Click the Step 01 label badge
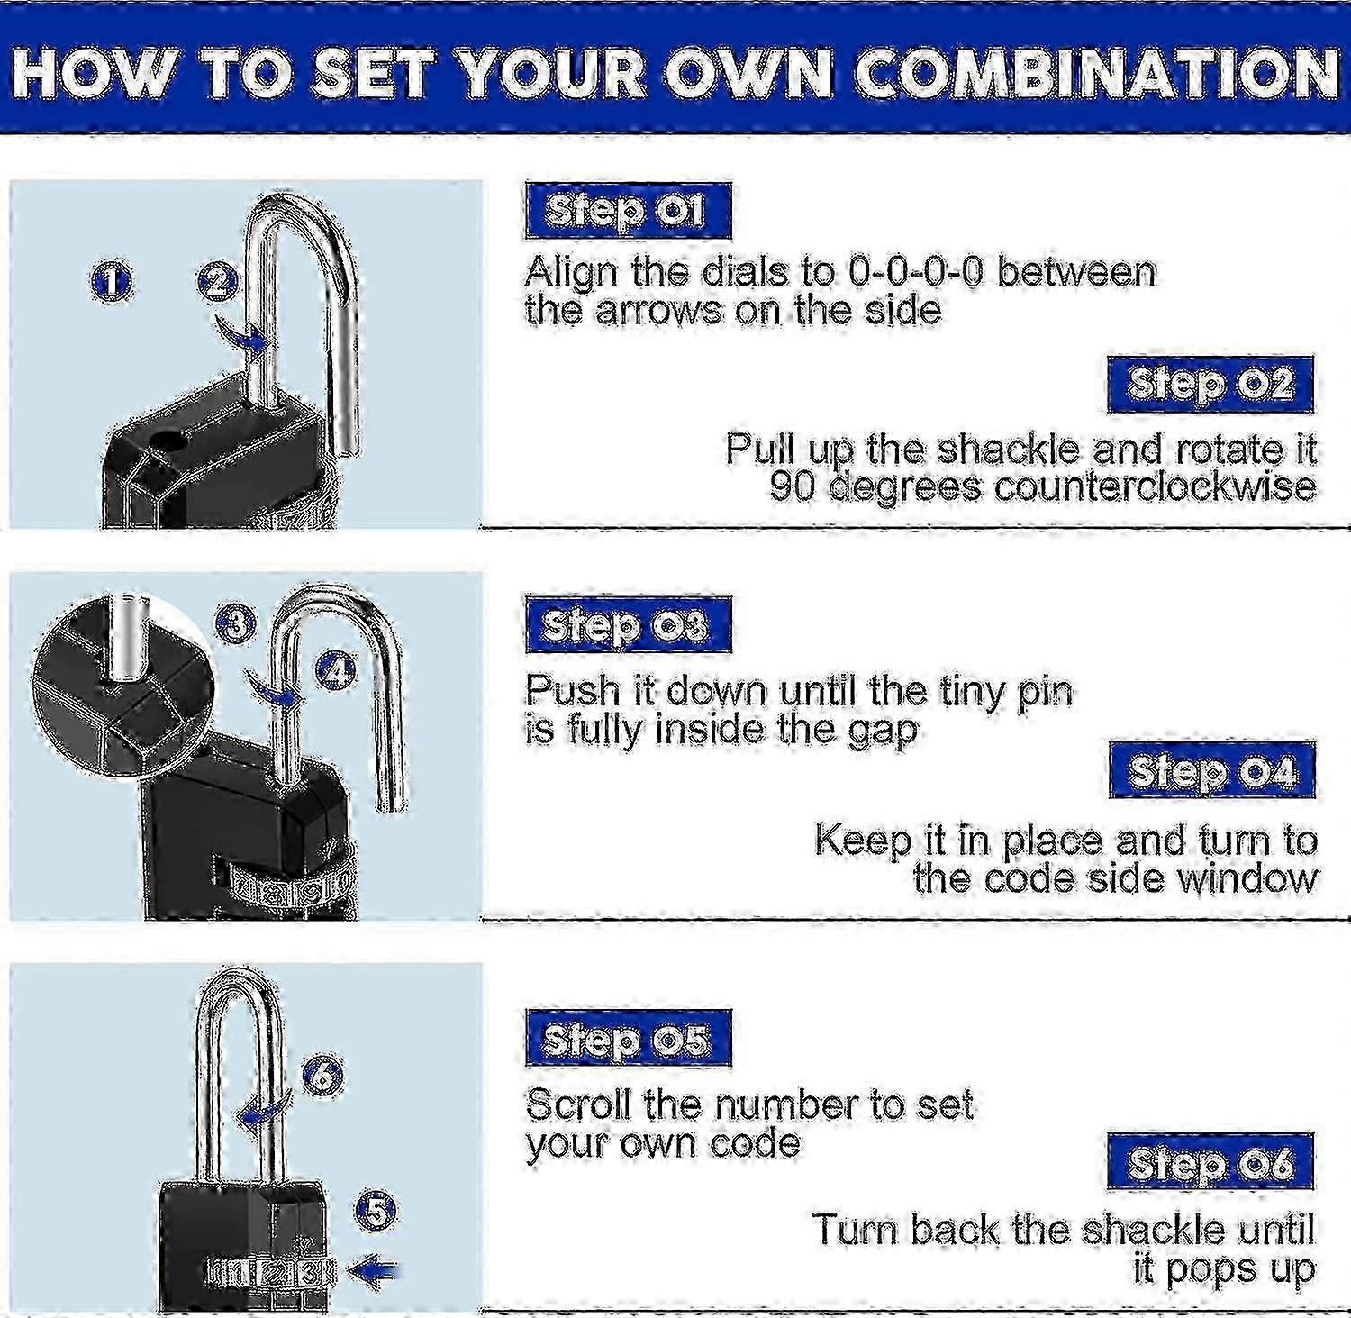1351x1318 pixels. (x=628, y=211)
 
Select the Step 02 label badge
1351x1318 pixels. (x=1210, y=385)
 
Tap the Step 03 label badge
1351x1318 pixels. (x=628, y=625)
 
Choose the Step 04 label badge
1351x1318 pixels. (x=1211, y=771)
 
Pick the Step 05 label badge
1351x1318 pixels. (x=628, y=1039)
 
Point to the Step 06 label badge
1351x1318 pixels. (x=1210, y=1163)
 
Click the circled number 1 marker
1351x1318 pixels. (x=112, y=282)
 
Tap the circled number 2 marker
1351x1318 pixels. (x=217, y=282)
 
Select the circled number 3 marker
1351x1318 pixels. (x=236, y=623)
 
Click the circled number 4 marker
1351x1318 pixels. (x=336, y=669)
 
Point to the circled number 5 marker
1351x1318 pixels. (x=376, y=1211)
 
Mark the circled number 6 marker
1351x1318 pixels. (x=323, y=1076)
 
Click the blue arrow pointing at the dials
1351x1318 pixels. (x=374, y=1271)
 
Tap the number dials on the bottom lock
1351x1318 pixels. (x=270, y=1273)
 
